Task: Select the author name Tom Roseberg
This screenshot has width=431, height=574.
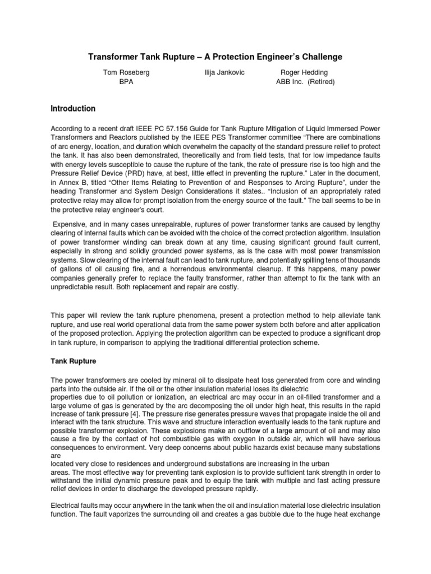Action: tap(126, 73)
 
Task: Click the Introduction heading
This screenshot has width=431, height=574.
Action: tap(73, 109)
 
